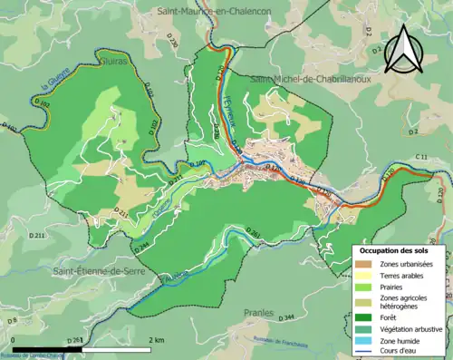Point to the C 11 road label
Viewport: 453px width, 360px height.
pyautogui.click(x=422, y=159)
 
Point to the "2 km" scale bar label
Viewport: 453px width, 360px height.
pyautogui.click(x=157, y=339)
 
